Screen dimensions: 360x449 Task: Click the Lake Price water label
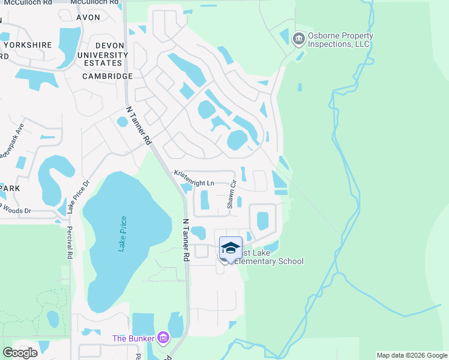point(123,233)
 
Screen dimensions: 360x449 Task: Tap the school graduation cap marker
point(231,248)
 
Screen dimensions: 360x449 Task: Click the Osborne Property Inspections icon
point(298,40)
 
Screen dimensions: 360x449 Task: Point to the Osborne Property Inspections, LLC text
point(340,40)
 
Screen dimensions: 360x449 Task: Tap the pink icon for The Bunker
point(163,338)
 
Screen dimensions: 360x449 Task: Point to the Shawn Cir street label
point(232,195)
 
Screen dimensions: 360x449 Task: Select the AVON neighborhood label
point(88,17)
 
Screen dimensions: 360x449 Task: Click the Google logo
point(20,352)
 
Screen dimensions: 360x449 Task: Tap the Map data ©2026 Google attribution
point(411,355)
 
